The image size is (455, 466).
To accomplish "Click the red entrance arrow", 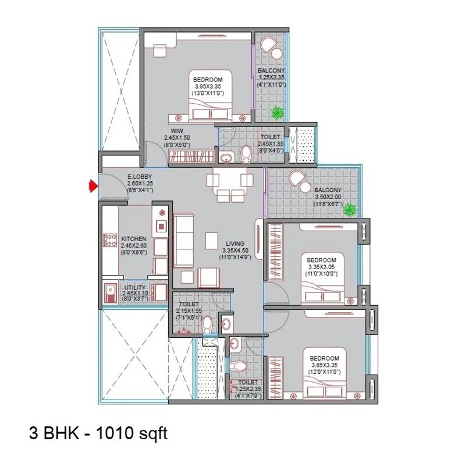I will click(91, 186).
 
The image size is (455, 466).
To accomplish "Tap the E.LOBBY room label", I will click(140, 175).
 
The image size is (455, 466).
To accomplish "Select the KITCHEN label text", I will click(133, 239).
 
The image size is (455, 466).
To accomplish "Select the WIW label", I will click(177, 130).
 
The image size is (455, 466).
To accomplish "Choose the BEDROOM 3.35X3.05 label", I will click(322, 259).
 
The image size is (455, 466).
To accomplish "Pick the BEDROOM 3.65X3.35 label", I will click(323, 358).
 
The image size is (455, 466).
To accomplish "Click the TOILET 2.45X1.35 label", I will click(271, 137).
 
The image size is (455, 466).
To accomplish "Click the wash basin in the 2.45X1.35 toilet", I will click(226, 156).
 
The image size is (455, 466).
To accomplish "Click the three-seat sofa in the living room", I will click(182, 239).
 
